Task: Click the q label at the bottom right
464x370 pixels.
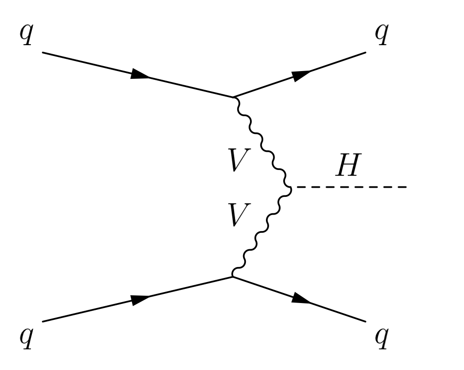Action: pyautogui.click(x=381, y=338)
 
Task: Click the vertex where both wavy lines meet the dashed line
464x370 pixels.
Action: pyautogui.click(x=290, y=187)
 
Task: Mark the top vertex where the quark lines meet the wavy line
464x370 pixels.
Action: pyautogui.click(x=234, y=97)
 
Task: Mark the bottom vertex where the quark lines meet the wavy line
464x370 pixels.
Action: pyautogui.click(x=233, y=276)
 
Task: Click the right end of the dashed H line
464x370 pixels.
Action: pyautogui.click(x=407, y=187)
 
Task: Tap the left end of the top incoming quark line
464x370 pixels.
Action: pyautogui.click(x=42, y=52)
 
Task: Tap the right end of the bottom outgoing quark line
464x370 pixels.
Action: pyautogui.click(x=365, y=321)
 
